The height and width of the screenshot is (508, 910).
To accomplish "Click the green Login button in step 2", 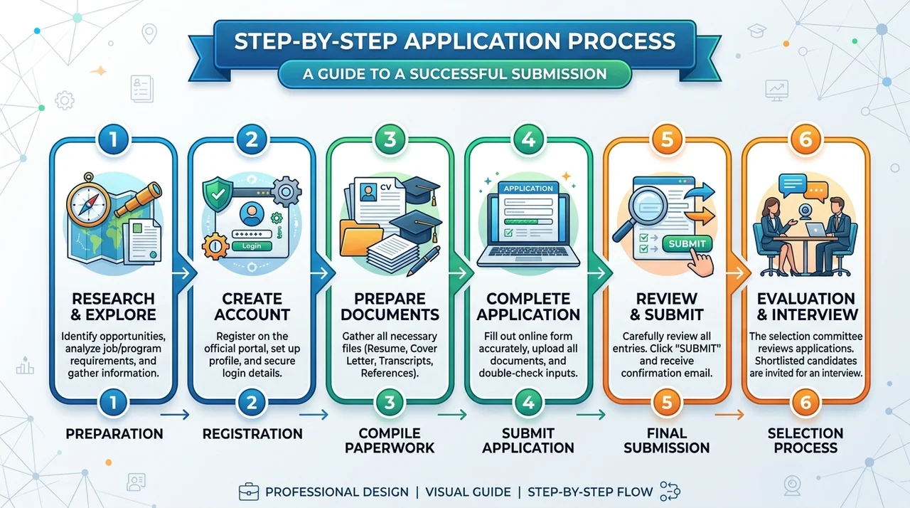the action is pos(252,246).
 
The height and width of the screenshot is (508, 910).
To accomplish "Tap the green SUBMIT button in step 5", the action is pos(687,243).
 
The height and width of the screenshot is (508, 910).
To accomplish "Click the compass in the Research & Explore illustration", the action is pos(89,200).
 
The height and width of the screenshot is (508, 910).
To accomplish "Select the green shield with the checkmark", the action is pos(218,194).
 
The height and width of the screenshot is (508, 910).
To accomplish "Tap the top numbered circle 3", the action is pos(390,139).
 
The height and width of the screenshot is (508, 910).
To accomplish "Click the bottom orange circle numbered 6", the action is pos(805,402).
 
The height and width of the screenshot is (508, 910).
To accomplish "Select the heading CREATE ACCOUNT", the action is pos(252,307).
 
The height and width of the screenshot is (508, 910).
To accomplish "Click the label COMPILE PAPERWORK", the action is pos(390,440).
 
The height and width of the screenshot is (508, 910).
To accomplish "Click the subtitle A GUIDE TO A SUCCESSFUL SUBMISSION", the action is pos(454,74).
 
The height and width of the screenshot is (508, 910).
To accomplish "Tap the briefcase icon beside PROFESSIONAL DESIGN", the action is pos(249,492).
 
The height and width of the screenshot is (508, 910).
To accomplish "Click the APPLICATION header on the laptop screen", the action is pos(528,188).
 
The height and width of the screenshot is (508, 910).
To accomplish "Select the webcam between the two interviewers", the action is pos(805,212).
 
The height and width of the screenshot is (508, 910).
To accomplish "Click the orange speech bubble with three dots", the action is pos(815,191).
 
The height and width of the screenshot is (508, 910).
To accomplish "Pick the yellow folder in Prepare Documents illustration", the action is pos(360,238).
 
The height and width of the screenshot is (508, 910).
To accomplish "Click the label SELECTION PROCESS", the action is pos(805,440).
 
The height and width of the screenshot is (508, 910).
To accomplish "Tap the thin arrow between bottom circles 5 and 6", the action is pos(729,415).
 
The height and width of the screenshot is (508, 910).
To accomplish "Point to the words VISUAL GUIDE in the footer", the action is pos(468,492).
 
